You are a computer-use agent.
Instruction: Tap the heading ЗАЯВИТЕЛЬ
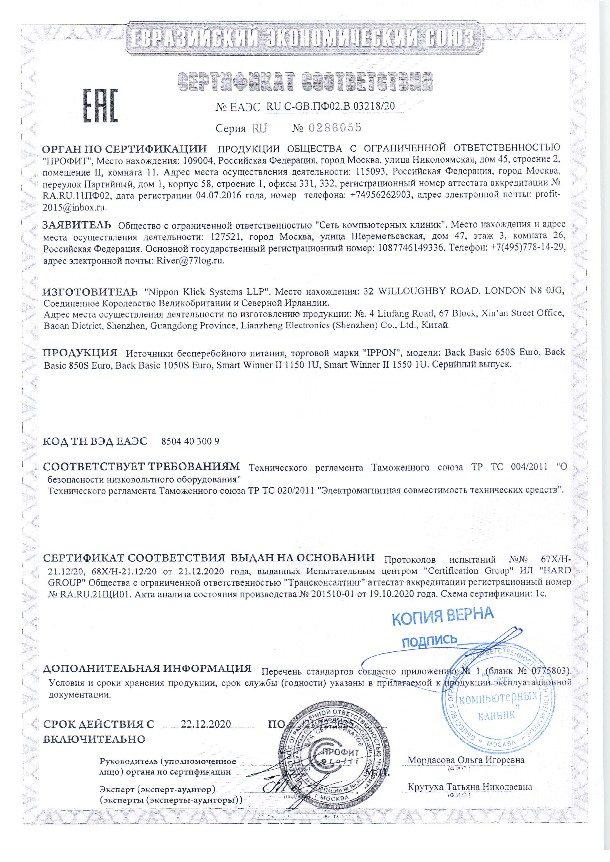(77, 225)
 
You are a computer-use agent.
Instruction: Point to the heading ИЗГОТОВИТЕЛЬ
(90, 291)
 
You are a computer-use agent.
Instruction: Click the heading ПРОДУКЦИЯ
(80, 352)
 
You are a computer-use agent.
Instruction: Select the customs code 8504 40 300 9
(190, 441)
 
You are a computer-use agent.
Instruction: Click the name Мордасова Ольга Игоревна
(466, 760)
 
